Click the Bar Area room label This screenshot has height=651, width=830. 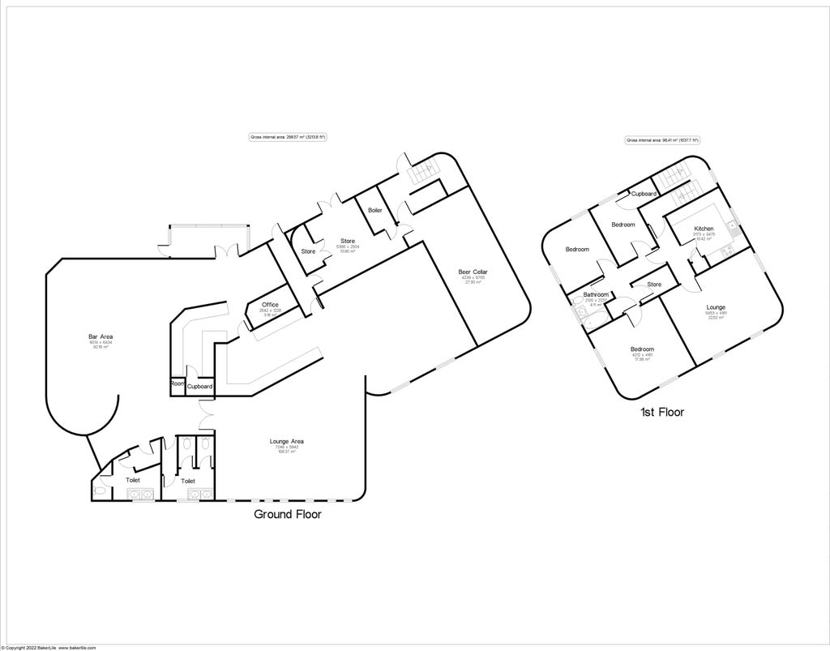[x=101, y=336]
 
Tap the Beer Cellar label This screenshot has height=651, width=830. [x=473, y=272]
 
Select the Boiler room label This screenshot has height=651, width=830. [x=374, y=210]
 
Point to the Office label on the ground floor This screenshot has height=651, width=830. [x=270, y=304]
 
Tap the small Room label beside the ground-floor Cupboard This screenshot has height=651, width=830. [x=177, y=383]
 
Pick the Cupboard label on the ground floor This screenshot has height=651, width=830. [x=199, y=387]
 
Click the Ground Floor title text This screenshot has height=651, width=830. [x=288, y=514]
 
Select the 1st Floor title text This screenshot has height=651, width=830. [x=661, y=412]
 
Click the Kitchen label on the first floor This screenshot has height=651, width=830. [x=704, y=229]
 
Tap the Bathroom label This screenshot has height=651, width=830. [x=596, y=294]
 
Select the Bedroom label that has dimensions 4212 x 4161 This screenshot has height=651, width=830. [x=642, y=349]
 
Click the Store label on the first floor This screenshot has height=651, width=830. [x=654, y=285]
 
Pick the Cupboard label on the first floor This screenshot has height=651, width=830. [x=644, y=194]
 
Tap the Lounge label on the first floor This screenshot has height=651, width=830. [x=716, y=307]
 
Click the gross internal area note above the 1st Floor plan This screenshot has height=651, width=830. [x=662, y=140]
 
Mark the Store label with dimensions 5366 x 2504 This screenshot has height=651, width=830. [x=348, y=241]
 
